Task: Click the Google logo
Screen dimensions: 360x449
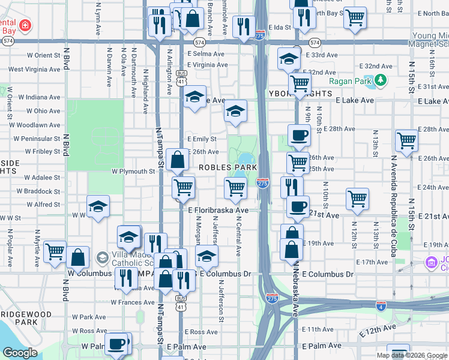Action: (x=19, y=353)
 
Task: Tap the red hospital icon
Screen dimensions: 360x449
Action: (x=25, y=25)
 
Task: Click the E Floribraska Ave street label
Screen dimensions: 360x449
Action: (x=218, y=211)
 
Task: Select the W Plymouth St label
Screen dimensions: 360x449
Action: (x=133, y=172)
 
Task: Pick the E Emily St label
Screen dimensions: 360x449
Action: (x=202, y=139)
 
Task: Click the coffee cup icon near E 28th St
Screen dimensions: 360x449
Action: (x=298, y=134)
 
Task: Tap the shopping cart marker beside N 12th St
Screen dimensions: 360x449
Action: (x=357, y=198)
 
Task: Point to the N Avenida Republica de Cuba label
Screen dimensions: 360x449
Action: (x=394, y=205)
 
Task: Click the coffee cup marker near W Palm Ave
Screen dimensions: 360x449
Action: (x=117, y=344)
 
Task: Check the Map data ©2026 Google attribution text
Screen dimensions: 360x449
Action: (x=412, y=355)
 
